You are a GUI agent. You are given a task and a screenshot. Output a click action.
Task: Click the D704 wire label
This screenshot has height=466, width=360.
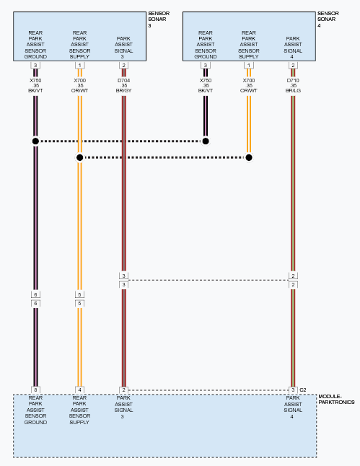[x=123, y=81]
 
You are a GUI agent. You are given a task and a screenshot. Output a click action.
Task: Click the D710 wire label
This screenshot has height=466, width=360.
[x=293, y=81]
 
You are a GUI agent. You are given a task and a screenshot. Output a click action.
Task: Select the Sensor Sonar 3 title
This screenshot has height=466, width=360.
[x=159, y=19]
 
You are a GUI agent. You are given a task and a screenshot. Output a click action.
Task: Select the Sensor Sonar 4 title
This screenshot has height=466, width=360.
[x=328, y=19]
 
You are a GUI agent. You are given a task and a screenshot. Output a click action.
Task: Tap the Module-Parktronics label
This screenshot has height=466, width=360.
[x=336, y=400]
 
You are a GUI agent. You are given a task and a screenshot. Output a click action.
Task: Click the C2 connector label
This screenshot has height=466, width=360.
[x=302, y=390]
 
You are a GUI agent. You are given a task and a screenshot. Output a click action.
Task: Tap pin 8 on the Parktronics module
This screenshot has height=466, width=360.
[x=35, y=390]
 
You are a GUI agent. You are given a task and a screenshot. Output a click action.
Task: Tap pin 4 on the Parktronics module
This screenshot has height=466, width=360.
[x=79, y=390]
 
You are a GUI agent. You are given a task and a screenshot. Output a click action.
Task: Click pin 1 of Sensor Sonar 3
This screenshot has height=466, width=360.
[x=79, y=66]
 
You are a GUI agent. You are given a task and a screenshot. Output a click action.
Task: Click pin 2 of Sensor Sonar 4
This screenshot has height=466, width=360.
[x=293, y=66]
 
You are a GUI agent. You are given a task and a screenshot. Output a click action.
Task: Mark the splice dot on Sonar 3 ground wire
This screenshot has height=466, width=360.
[x=35, y=141]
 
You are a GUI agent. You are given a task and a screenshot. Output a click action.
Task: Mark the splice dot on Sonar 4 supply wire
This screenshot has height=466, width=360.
[x=249, y=157]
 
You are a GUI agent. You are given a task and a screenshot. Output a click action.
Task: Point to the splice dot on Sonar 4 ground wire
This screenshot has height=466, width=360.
[x=206, y=141]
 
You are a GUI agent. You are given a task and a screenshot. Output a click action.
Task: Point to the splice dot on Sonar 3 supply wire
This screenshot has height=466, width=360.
[x=79, y=157]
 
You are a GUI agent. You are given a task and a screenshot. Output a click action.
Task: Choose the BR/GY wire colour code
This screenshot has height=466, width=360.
[x=123, y=90]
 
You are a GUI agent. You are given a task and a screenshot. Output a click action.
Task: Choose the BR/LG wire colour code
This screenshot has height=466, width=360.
[x=293, y=90]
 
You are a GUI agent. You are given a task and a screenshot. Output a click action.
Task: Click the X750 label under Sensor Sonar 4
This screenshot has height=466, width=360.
[x=206, y=81]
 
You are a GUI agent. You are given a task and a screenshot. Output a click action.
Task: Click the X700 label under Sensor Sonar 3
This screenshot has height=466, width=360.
[x=79, y=81]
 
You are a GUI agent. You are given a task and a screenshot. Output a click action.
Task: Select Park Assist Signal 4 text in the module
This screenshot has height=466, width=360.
[x=293, y=407]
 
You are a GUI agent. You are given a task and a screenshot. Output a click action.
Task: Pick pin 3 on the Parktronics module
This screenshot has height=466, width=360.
[x=293, y=390]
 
